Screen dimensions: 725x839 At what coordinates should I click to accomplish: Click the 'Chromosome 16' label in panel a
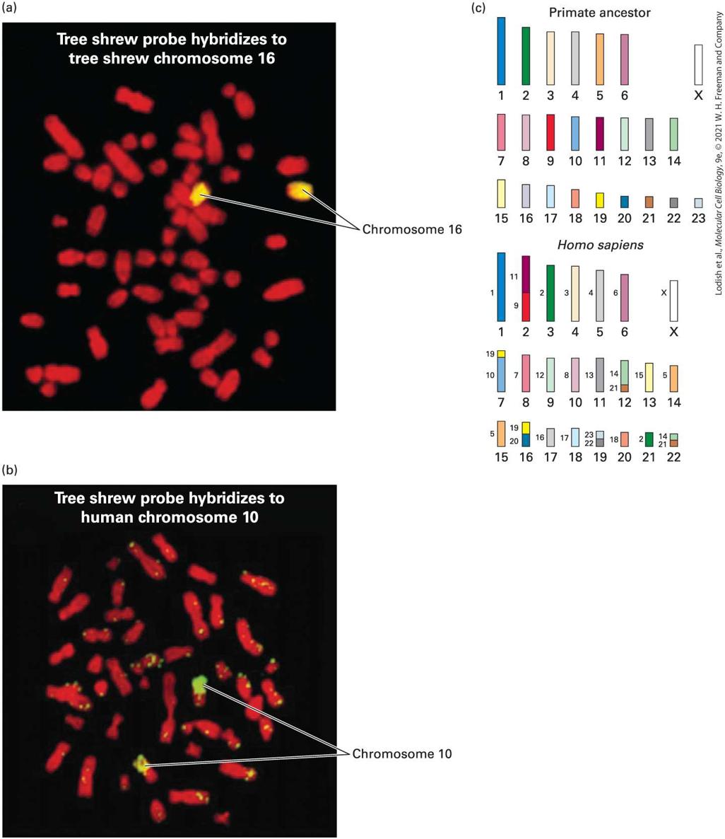(x=412, y=229)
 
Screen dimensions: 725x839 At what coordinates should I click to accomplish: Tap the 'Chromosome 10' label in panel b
(x=402, y=753)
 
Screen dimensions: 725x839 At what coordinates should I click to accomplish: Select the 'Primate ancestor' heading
(x=599, y=13)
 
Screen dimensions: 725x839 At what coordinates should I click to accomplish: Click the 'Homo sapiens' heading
(x=600, y=245)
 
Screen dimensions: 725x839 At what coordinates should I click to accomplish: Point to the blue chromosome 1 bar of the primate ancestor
(x=501, y=52)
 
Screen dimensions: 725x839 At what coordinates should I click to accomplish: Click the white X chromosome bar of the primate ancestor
(x=698, y=65)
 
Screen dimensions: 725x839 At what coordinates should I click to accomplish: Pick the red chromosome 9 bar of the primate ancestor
(x=550, y=132)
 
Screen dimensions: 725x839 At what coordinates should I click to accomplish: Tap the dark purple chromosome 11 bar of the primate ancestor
(x=600, y=134)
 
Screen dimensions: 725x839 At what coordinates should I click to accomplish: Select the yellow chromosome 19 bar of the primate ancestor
(x=600, y=200)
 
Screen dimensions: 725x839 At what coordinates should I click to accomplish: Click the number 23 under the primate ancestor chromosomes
(x=698, y=219)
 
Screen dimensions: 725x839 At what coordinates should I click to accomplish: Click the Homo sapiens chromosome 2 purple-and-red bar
(x=526, y=289)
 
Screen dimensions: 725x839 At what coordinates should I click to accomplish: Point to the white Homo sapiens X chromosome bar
(x=673, y=301)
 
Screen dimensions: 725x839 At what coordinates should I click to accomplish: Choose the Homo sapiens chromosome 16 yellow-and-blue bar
(x=526, y=434)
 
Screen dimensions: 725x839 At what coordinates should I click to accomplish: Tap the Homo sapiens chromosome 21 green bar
(x=649, y=439)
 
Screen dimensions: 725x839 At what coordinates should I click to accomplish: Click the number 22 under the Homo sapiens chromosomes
(x=673, y=457)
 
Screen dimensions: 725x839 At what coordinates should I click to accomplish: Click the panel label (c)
(x=478, y=8)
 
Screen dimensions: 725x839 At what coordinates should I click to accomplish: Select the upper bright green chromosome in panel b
(x=200, y=685)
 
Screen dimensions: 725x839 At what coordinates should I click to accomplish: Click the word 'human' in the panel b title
(x=109, y=517)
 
